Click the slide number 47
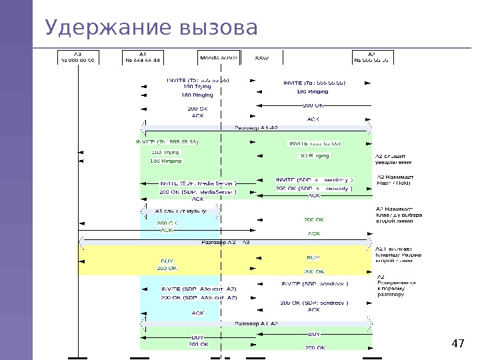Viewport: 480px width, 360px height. pyautogui.click(x=457, y=344)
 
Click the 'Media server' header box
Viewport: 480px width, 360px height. pyautogui.click(x=219, y=58)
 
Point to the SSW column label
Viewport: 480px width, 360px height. pyautogui.click(x=262, y=59)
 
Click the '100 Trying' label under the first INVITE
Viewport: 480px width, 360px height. pyautogui.click(x=197, y=87)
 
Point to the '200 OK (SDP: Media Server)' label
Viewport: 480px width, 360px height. pyautogui.click(x=197, y=192)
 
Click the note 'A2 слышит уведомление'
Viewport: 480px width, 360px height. pyautogui.click(x=394, y=158)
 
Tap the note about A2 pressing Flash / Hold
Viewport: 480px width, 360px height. pyautogui.click(x=396, y=179)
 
